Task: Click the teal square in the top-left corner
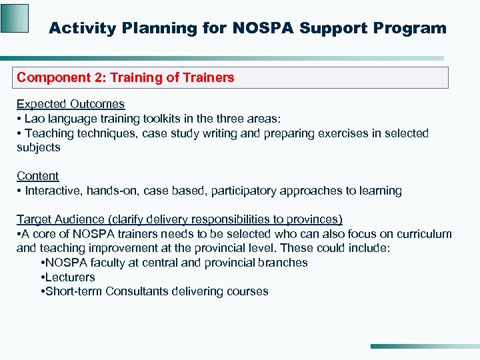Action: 15,18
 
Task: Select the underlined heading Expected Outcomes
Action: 71,104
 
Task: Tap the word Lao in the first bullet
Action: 36,119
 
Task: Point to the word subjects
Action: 39,147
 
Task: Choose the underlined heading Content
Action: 37,176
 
